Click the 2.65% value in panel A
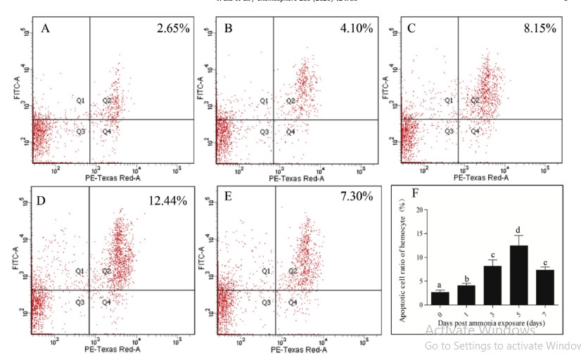coord(172,30)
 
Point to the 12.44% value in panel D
coord(168,201)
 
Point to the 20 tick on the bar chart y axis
coord(420,210)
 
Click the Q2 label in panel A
coord(107,101)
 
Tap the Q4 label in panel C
coord(475,131)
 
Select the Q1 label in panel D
coord(81,271)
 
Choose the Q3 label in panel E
coord(266,302)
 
